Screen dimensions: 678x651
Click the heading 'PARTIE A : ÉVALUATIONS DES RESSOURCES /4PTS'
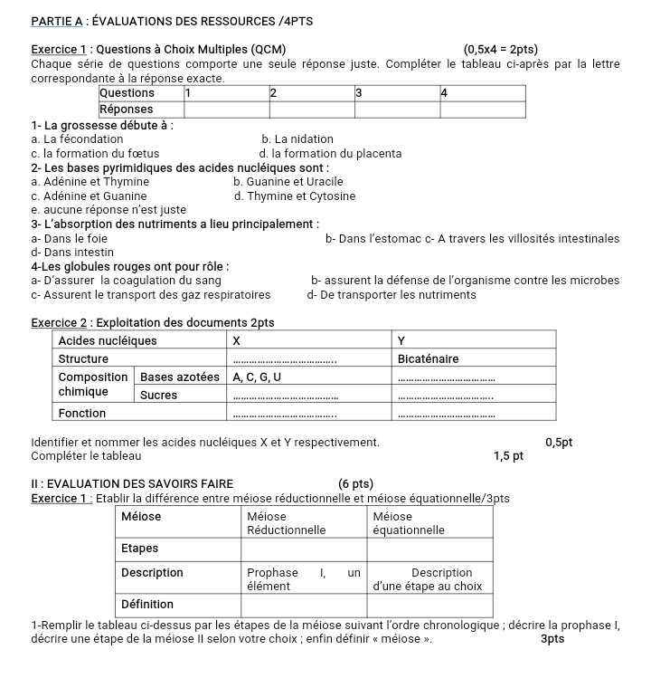tap(173, 20)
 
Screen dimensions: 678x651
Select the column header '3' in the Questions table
tap(359, 92)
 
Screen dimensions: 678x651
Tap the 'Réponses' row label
tap(126, 109)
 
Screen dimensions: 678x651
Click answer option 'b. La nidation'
tap(297, 139)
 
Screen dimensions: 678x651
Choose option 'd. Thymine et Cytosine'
tap(295, 196)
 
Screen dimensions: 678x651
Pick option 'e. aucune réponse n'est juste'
tap(108, 210)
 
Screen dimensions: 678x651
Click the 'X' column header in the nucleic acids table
tap(237, 341)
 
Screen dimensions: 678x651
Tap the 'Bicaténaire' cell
tap(429, 358)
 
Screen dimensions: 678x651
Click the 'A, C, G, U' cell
tap(257, 377)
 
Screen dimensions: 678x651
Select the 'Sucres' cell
tap(159, 395)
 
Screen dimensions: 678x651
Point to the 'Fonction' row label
tap(82, 413)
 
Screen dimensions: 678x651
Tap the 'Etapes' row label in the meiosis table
tap(139, 549)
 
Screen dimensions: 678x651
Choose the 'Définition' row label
tap(147, 604)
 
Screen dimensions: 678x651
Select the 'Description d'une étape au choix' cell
tap(429, 579)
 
